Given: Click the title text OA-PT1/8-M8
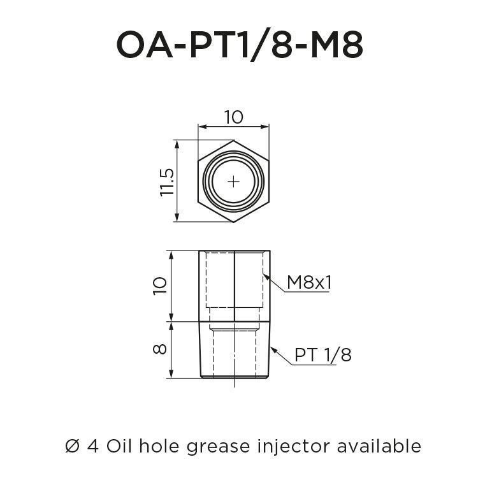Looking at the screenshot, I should [x=239, y=45].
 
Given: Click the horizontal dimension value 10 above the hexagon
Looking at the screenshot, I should [x=234, y=117].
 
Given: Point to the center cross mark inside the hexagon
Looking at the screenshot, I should [x=234, y=182].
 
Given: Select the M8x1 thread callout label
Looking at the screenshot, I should [x=309, y=282].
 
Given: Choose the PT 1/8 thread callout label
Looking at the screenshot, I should [x=323, y=355].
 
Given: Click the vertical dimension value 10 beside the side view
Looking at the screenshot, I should [x=160, y=285].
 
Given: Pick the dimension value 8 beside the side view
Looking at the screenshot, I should [x=160, y=349].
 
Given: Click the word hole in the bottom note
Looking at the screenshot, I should [x=159, y=446].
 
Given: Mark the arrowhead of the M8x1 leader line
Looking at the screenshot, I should [x=264, y=275].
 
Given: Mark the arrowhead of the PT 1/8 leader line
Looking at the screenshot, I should [x=270, y=348].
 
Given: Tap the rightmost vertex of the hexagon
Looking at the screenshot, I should [x=270, y=182].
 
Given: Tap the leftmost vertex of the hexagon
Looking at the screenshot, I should [x=198, y=182].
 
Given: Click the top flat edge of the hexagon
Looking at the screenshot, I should [x=234, y=141].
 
